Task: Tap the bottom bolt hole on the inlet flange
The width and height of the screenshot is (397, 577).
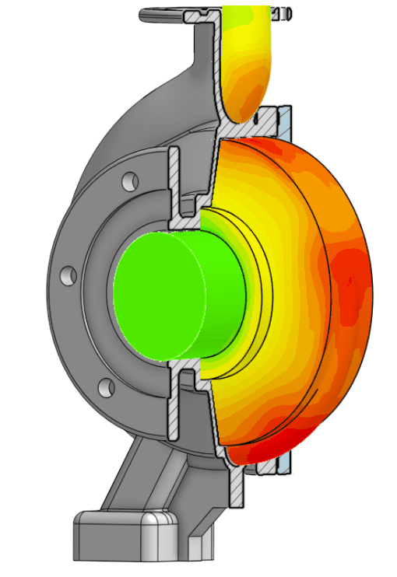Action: [x=107, y=386]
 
